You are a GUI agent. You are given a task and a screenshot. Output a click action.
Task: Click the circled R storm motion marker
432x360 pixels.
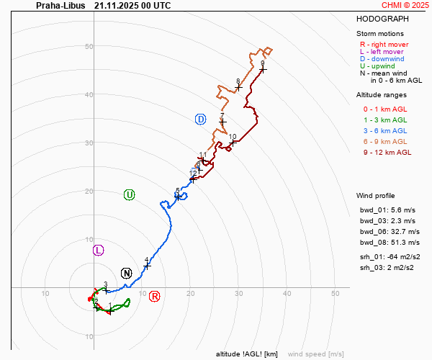coord(154,297)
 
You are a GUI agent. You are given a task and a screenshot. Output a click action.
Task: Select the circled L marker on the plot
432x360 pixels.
coord(99,250)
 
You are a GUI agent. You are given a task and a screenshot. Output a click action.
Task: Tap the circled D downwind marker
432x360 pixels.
coord(201,119)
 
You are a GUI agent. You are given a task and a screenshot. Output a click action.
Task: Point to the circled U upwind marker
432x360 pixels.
coord(130,194)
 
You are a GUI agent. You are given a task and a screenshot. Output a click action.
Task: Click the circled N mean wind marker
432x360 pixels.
coord(127,273)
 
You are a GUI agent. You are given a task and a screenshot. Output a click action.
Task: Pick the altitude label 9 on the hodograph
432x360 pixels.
coord(263,64)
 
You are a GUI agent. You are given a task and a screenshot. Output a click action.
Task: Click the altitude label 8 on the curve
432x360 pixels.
coord(238,81)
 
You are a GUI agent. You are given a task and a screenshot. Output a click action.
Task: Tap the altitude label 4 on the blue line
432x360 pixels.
coord(146,260)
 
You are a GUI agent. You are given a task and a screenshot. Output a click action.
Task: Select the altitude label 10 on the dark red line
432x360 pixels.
coord(233,137)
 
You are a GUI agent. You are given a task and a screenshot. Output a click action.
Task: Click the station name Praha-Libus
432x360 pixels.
coord(60,5)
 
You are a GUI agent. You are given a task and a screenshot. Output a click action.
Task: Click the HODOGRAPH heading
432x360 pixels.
coord(382,19)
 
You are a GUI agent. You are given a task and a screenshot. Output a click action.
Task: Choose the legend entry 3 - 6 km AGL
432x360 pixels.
coord(384,130)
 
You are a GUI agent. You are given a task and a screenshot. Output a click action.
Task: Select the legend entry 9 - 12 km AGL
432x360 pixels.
coord(387,152)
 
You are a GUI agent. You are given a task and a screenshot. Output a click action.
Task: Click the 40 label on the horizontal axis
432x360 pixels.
coord(287,293)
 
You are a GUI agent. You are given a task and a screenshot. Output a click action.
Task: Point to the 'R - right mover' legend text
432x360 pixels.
coord(383,44)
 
